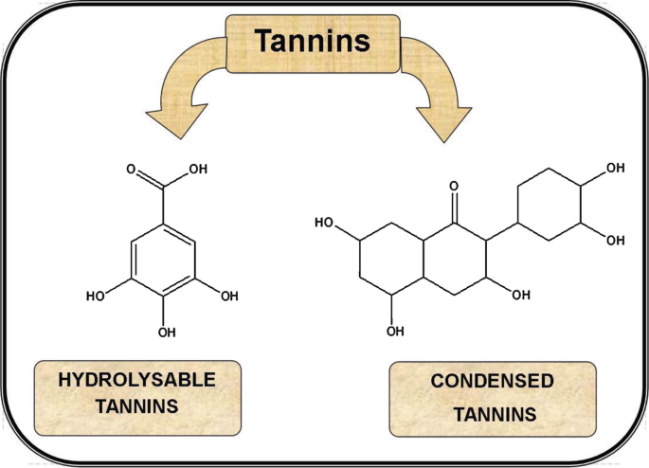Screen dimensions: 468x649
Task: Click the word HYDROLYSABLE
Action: point(137,381)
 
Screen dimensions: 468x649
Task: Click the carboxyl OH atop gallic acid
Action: point(198,172)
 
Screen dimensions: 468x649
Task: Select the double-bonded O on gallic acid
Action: point(131,173)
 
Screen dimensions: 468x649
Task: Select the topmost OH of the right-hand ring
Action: point(615,168)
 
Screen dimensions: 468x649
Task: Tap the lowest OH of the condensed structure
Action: point(394,331)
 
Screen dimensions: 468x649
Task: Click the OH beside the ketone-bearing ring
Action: point(521,296)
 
